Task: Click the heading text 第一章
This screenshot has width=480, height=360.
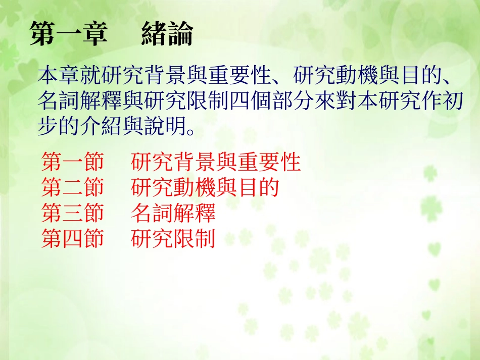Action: (68, 34)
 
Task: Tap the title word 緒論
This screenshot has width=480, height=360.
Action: (167, 34)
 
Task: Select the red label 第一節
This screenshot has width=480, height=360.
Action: (72, 163)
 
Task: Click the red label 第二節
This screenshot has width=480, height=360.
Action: (72, 188)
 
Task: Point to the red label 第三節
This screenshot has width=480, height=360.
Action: (72, 213)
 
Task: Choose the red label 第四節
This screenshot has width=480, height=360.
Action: (72, 238)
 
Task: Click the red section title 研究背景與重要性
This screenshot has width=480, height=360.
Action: (216, 163)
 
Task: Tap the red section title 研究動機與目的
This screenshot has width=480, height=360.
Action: (205, 188)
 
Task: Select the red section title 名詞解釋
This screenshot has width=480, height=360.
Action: (173, 213)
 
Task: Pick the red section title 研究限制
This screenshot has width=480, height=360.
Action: (173, 238)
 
